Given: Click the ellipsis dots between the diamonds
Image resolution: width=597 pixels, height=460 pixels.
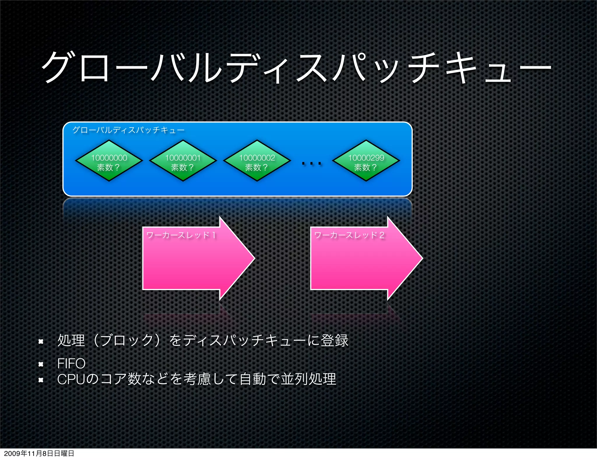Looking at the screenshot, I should [312, 163].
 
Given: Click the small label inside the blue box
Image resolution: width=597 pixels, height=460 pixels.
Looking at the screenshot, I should [128, 130].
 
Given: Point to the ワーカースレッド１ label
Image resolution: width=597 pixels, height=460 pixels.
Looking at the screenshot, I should [181, 235].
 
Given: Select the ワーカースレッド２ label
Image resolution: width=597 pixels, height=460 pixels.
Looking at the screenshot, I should [349, 235].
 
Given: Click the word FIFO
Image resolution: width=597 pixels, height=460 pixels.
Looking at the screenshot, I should [71, 364].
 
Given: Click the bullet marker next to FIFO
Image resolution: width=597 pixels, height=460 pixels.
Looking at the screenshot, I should [41, 364].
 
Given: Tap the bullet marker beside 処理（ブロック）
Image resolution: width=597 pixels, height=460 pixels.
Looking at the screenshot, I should [41, 341].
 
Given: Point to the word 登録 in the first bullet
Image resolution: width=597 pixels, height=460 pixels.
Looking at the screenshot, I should [335, 341].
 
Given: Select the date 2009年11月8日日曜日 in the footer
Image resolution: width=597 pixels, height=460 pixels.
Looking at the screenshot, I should [39, 453].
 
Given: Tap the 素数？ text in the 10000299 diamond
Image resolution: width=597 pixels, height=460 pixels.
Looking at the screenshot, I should [366, 168].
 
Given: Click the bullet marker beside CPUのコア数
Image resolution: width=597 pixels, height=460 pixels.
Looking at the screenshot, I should [41, 380].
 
